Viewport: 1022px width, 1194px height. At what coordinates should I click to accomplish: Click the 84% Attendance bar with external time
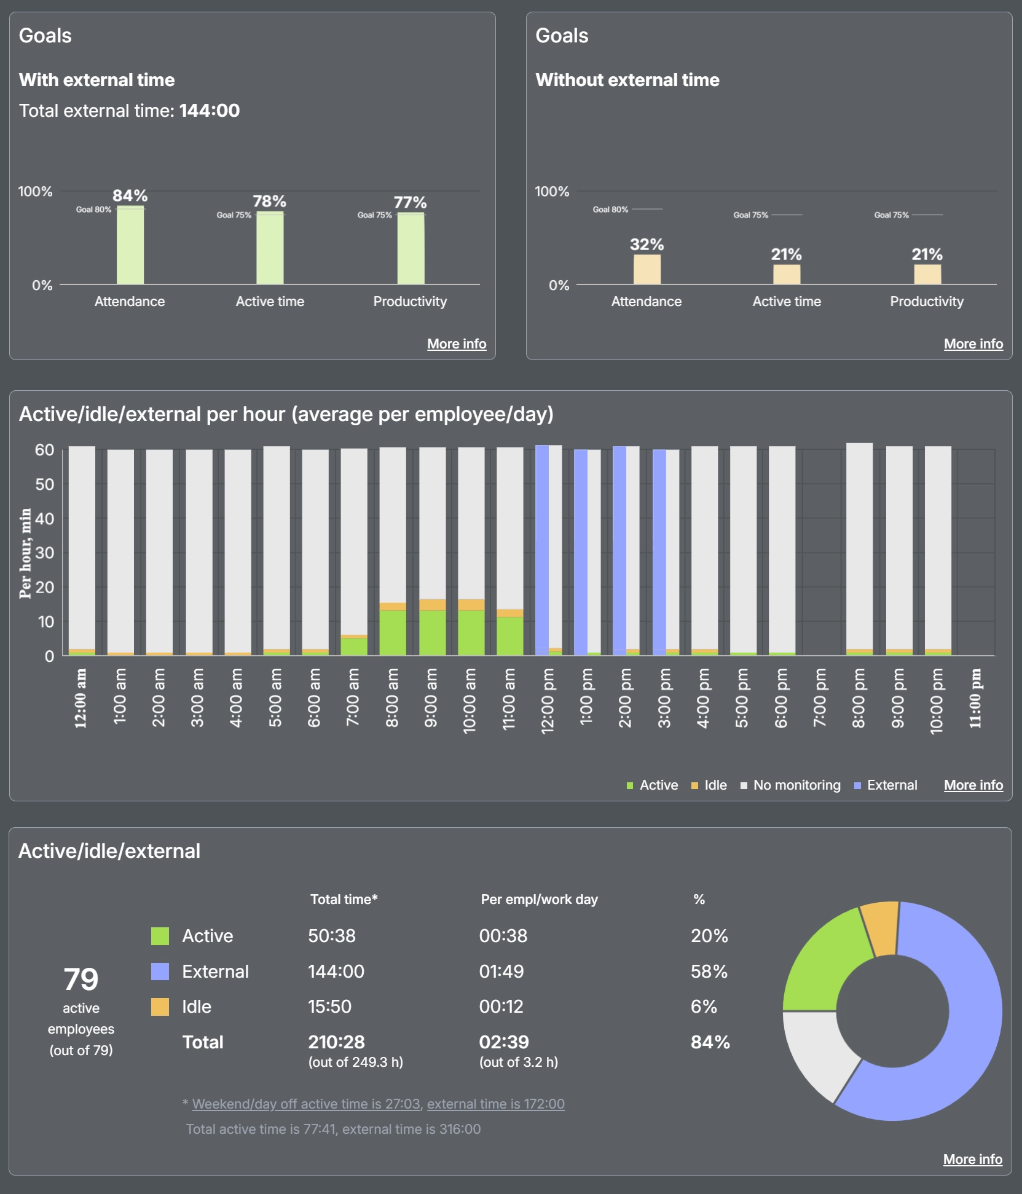coord(130,245)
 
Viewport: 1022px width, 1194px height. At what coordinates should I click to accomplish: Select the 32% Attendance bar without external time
coord(647,269)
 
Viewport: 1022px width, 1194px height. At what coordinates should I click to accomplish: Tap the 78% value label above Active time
coord(269,201)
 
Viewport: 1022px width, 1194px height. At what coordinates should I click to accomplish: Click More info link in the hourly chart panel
coord(973,785)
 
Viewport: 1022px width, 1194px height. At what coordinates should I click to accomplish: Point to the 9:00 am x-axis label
coord(431,697)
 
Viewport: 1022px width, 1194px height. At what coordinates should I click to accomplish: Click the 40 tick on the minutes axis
coord(44,519)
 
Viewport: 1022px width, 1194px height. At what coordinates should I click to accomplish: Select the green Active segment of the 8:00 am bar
coord(393,632)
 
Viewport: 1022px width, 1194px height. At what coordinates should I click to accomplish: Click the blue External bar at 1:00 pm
coord(581,552)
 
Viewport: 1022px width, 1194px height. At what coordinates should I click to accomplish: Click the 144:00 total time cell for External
coord(336,971)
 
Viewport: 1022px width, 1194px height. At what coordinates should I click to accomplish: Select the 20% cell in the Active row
coord(709,935)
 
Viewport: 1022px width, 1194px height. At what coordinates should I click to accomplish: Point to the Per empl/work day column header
coord(539,899)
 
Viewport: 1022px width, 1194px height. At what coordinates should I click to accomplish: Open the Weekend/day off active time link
coord(306,1104)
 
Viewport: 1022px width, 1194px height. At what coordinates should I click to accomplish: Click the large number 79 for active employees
coord(81,978)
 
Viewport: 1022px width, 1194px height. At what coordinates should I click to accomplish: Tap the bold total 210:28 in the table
coord(336,1042)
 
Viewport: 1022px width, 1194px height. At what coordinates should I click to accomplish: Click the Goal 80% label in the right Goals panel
coord(610,210)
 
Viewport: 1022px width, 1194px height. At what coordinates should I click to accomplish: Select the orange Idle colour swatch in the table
coord(160,1007)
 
